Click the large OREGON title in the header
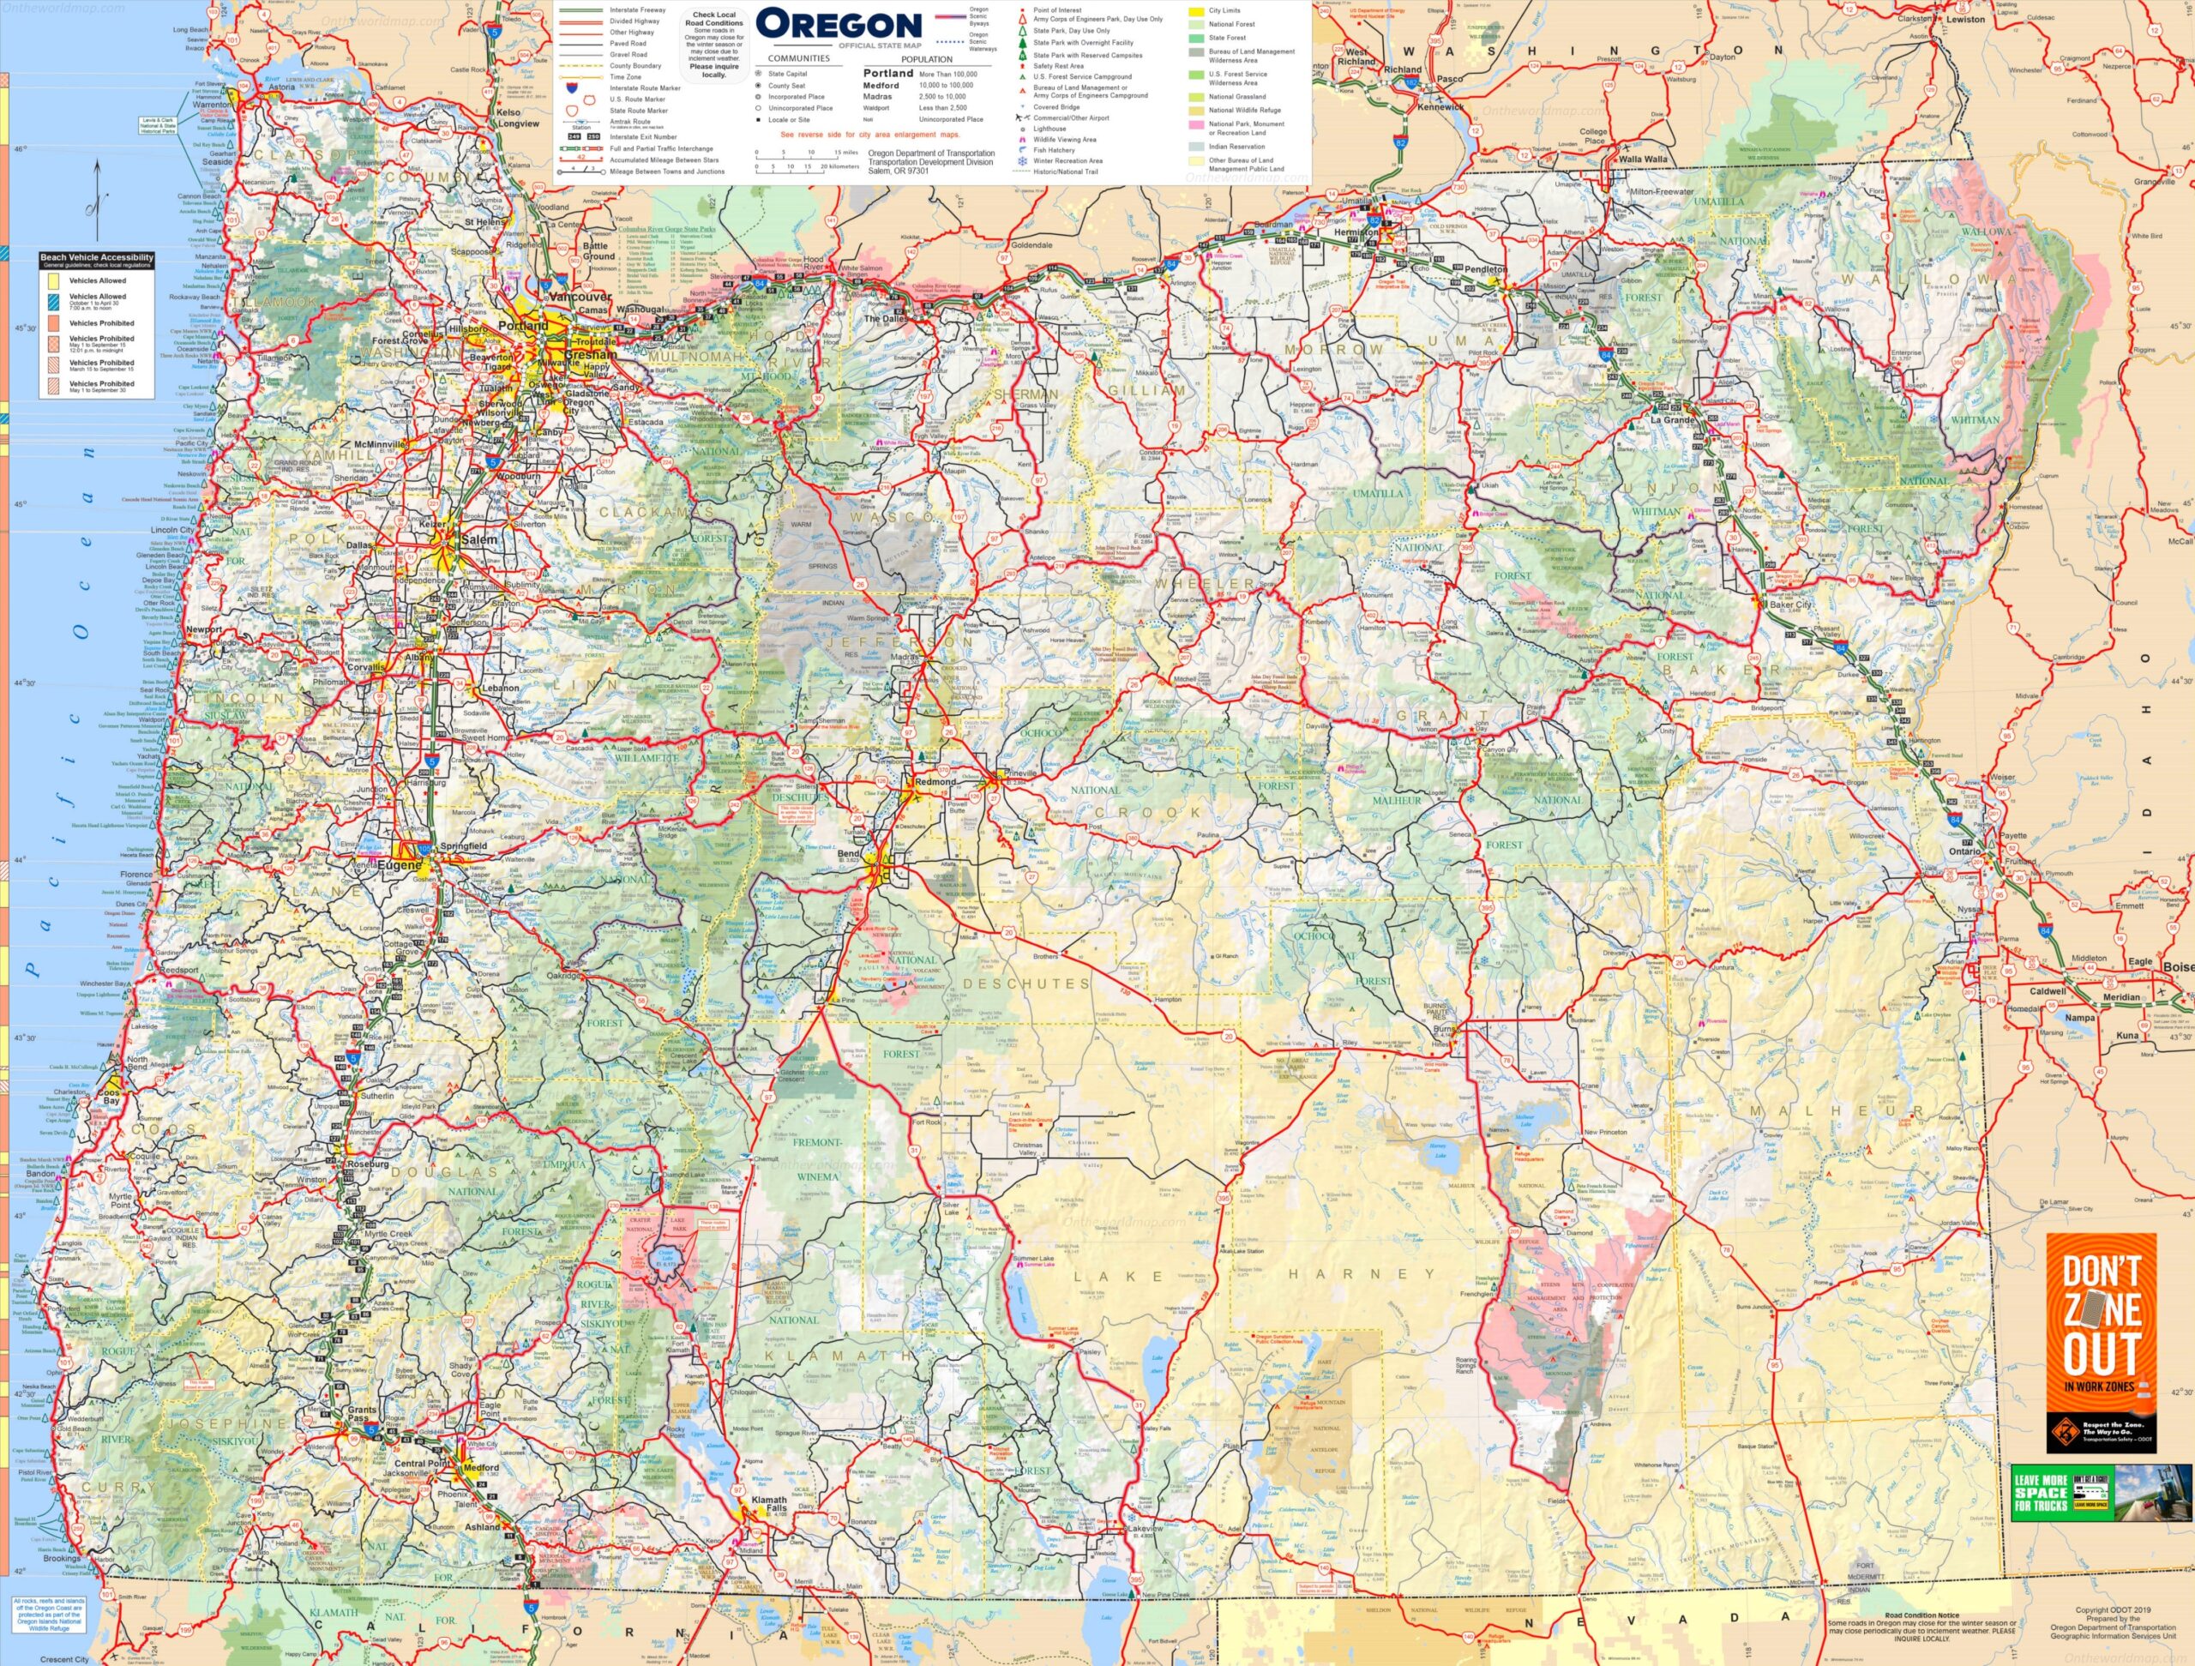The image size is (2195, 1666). click(x=838, y=25)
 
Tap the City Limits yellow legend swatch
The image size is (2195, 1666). click(x=1198, y=11)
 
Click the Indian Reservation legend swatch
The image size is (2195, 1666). click(x=1198, y=146)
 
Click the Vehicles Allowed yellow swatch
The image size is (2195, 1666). click(x=56, y=280)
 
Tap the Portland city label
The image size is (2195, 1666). click(x=522, y=326)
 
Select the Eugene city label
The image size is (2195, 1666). click(x=397, y=865)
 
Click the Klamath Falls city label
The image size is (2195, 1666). click(x=768, y=1503)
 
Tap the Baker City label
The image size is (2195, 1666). click(x=1790, y=604)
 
